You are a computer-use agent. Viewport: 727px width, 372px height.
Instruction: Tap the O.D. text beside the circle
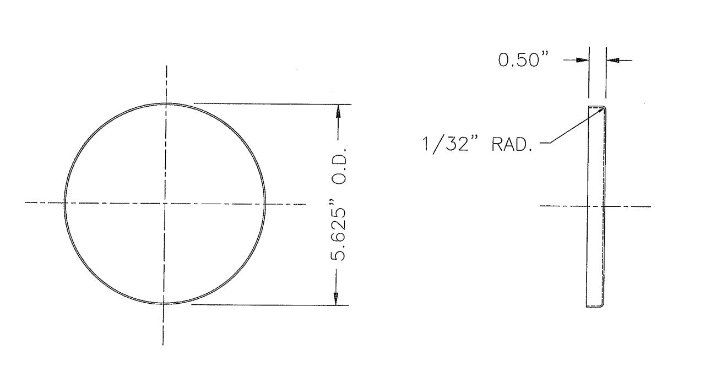(x=339, y=166)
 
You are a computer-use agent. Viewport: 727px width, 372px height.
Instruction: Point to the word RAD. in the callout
(x=512, y=145)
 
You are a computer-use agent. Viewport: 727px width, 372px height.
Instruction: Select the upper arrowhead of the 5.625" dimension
(x=338, y=111)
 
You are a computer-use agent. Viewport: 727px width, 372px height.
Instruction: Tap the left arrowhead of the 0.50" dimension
(x=583, y=60)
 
